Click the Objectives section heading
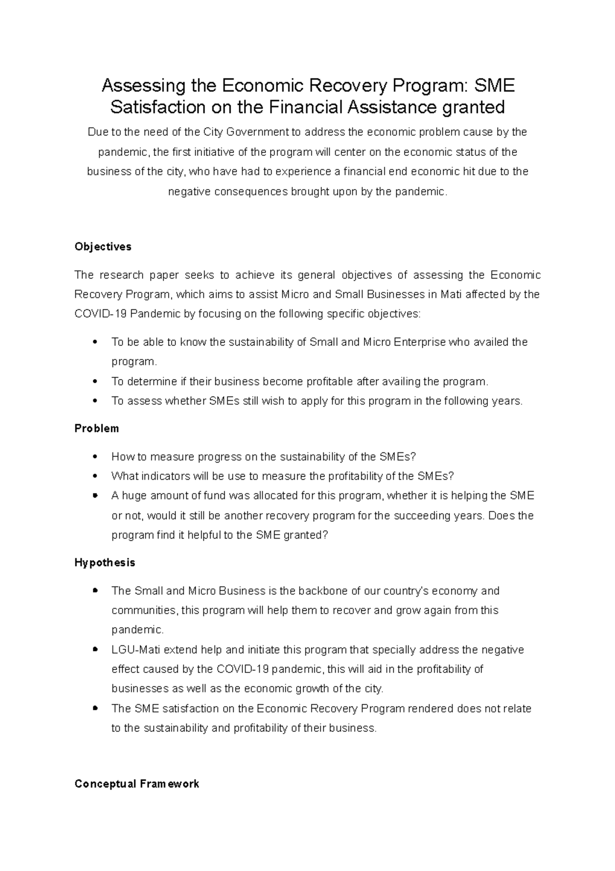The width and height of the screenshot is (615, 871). [x=102, y=247]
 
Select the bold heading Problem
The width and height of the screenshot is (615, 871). [x=96, y=428]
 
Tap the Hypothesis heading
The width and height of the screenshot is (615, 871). [x=105, y=563]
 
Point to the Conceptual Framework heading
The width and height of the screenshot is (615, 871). [x=136, y=784]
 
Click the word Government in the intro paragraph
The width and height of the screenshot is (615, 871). [x=257, y=132]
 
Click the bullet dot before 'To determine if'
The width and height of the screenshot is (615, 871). [x=95, y=382]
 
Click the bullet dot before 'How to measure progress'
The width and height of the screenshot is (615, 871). [x=95, y=457]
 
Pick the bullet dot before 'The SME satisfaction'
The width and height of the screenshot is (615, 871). [x=95, y=708]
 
